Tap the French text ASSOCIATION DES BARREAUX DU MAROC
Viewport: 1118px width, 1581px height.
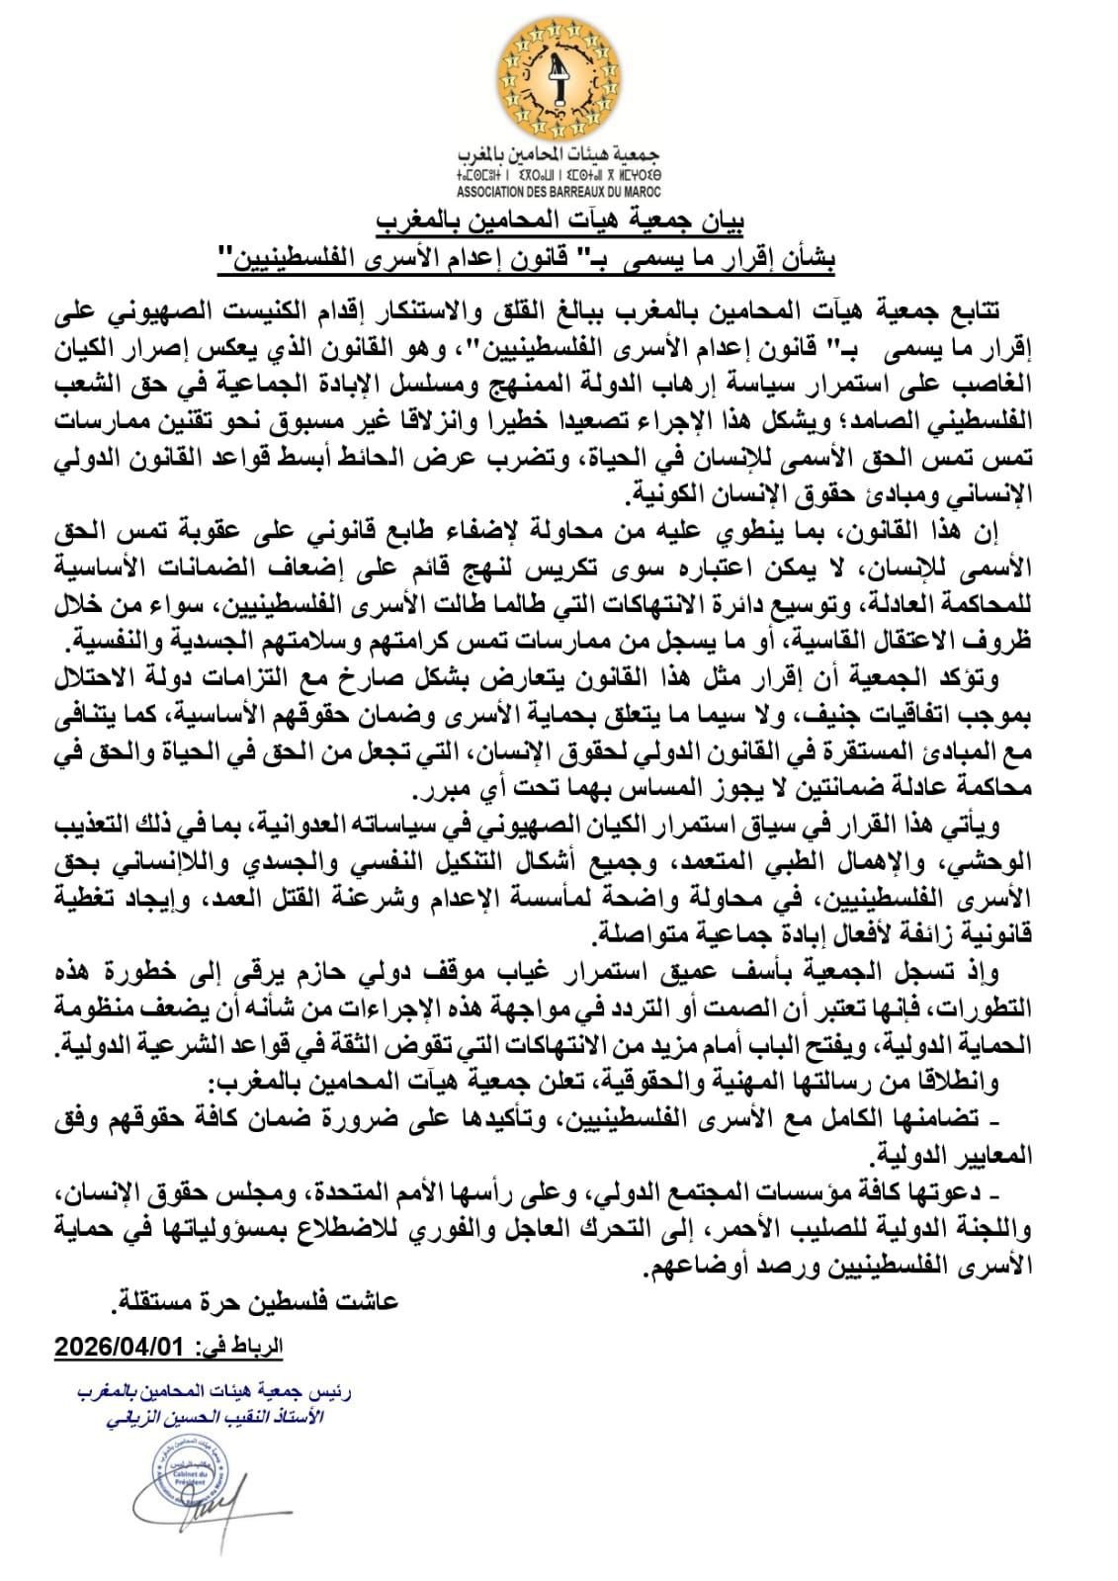pyautogui.click(x=559, y=191)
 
